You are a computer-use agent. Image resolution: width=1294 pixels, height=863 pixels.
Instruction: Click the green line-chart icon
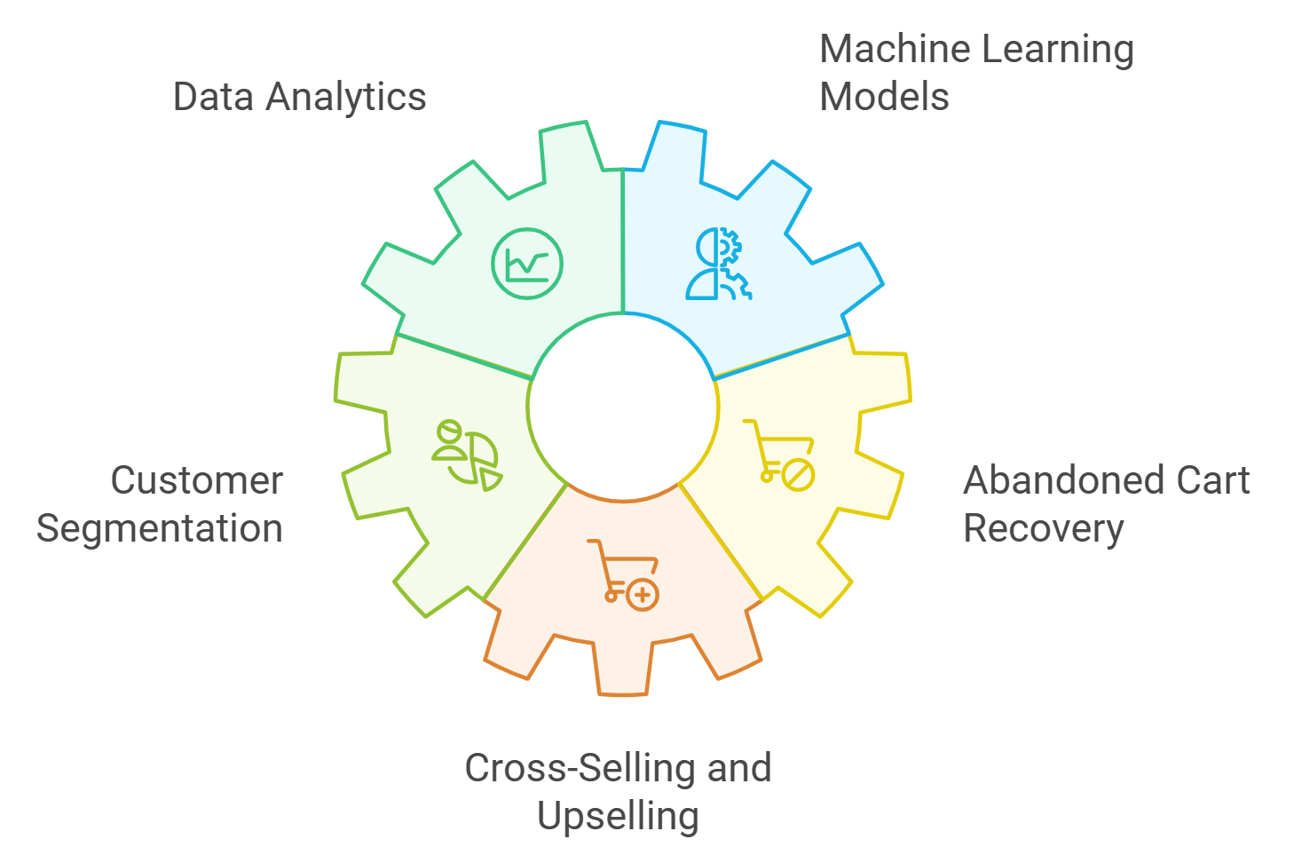527,264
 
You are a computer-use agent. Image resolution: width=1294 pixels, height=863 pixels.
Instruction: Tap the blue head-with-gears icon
719,264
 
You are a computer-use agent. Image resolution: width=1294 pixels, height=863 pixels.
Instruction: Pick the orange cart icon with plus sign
623,574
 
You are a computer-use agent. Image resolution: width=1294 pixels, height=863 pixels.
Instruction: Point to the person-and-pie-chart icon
467,455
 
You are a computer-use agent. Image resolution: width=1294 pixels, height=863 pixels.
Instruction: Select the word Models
884,97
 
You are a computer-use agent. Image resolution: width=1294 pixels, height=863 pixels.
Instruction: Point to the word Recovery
1044,528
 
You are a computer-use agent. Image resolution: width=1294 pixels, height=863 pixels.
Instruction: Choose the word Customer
197,480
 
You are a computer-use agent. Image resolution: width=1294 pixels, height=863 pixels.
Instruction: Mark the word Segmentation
160,528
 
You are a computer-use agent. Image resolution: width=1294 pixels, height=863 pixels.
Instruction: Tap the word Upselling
618,816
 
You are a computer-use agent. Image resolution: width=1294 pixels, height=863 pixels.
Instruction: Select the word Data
211,97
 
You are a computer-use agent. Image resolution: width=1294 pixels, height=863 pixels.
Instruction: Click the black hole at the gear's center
623,407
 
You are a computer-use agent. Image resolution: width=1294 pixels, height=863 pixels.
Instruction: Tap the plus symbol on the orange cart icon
643,595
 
